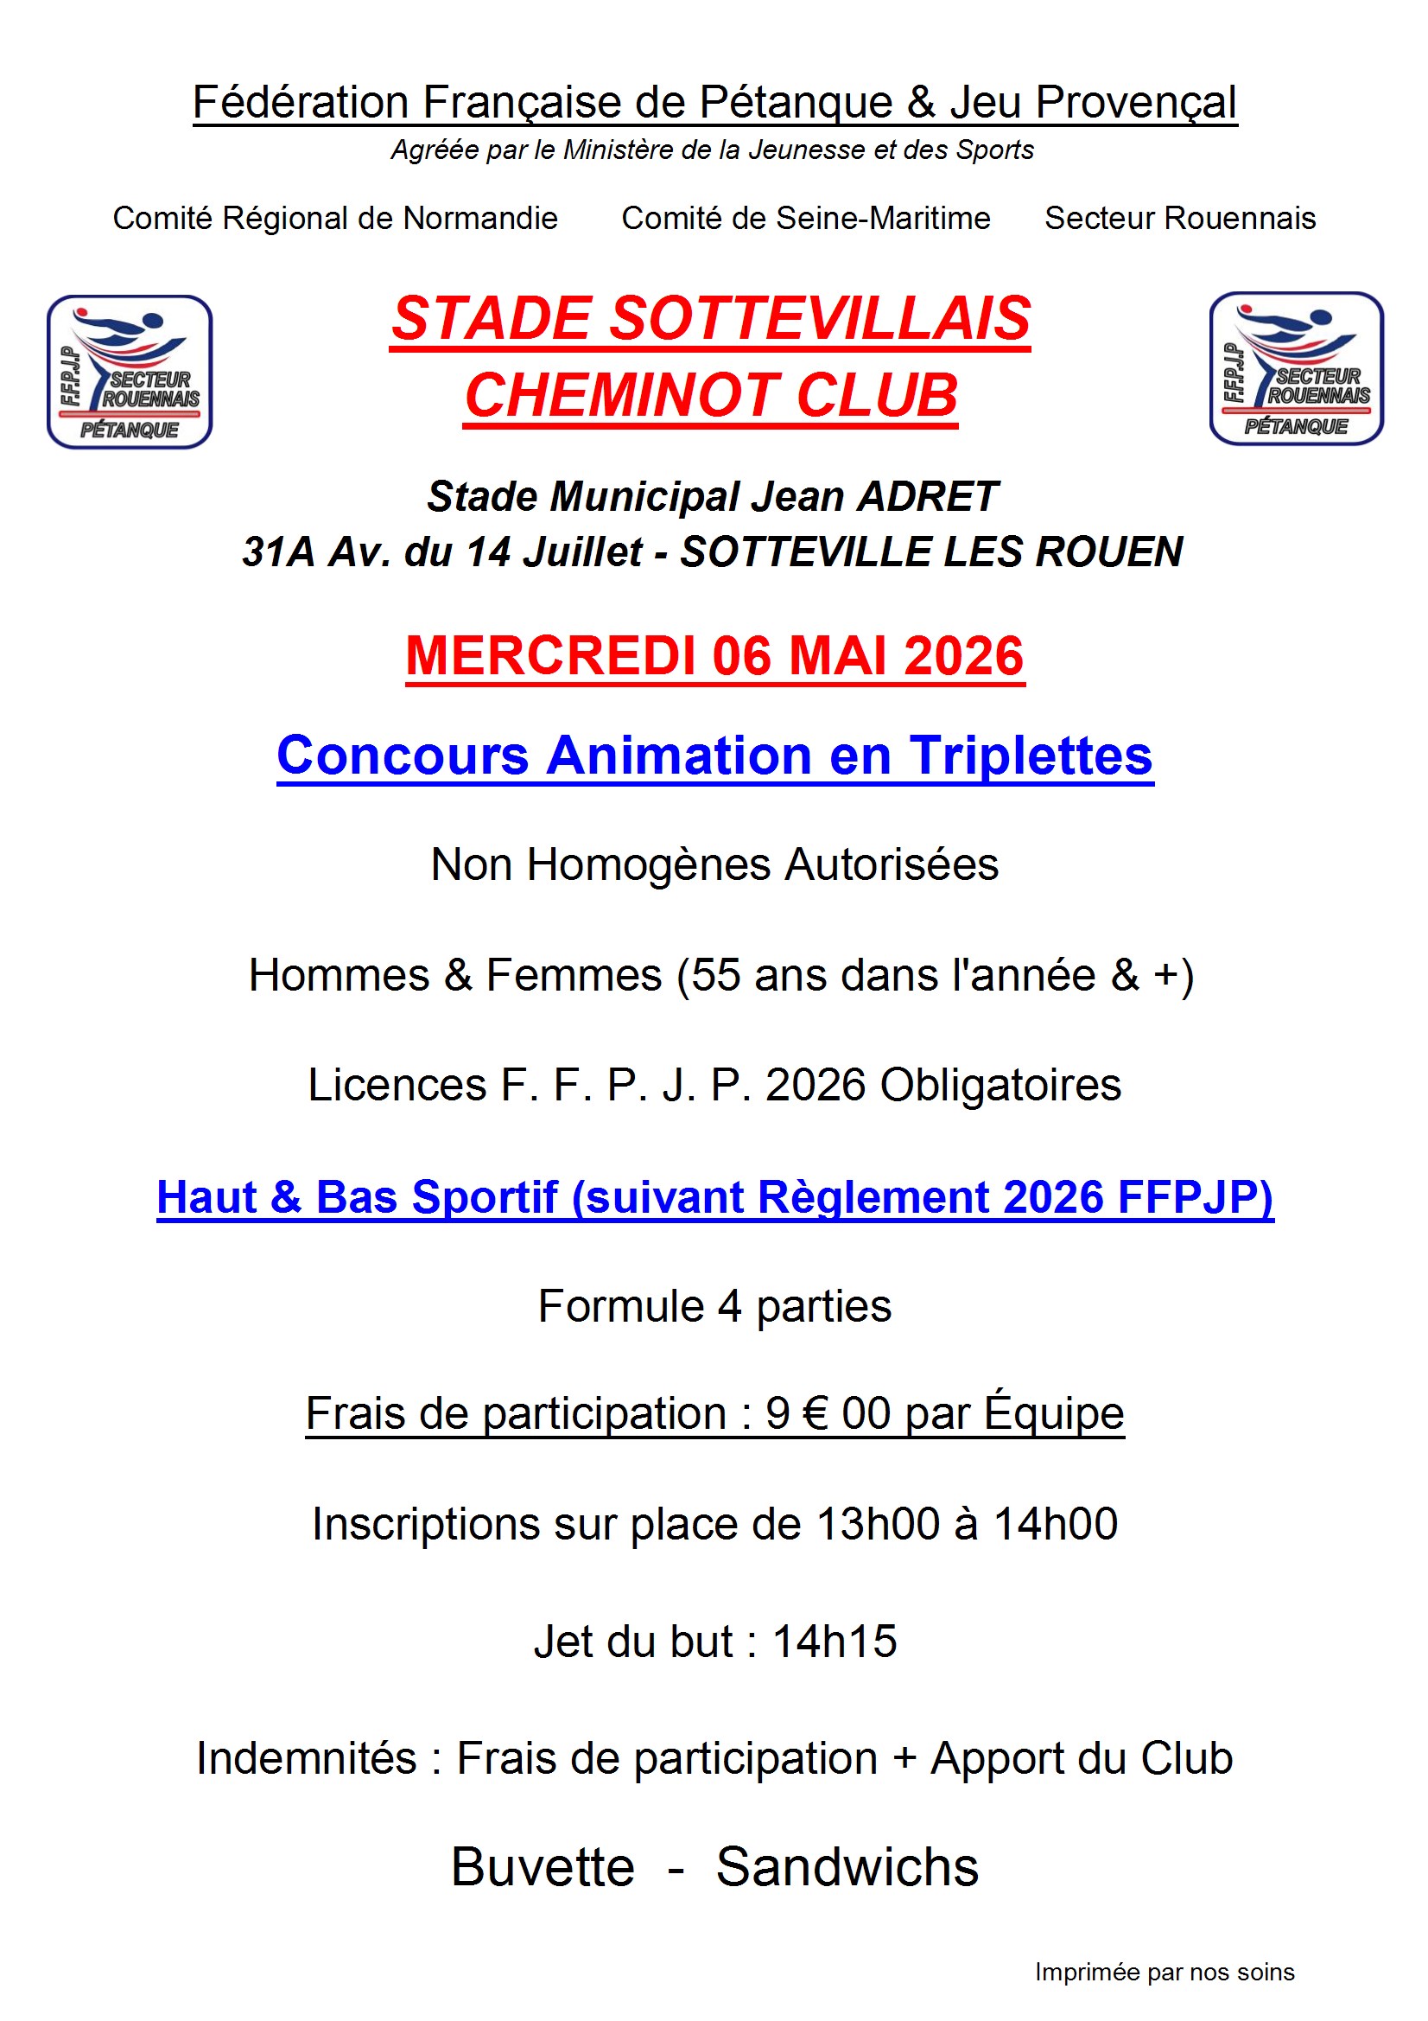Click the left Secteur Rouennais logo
[x=130, y=372]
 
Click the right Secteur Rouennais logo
[x=1295, y=368]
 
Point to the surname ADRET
[x=927, y=496]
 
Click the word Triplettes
[x=1031, y=755]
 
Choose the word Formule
[x=621, y=1305]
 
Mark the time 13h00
[x=878, y=1524]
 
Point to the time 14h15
[x=835, y=1642]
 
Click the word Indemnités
[x=305, y=1758]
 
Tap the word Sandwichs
[x=847, y=1866]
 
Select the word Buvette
[x=543, y=1866]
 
